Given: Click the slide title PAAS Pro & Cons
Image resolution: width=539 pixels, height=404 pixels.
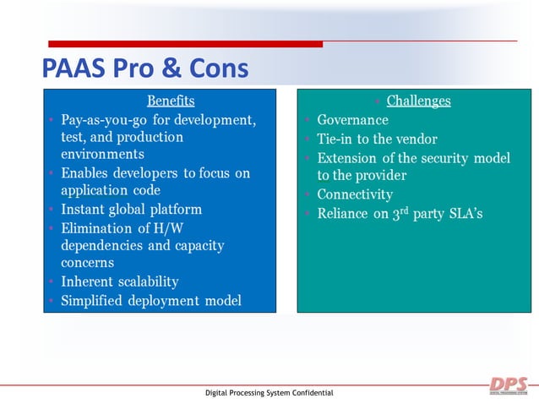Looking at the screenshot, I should [x=145, y=68].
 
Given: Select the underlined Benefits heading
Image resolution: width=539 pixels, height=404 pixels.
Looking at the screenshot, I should [x=171, y=101].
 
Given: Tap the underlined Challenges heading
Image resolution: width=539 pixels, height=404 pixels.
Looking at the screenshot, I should [x=418, y=101].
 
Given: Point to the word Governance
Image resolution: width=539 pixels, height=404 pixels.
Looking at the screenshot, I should [x=352, y=120].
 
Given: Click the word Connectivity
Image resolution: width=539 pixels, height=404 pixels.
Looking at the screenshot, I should [x=355, y=194].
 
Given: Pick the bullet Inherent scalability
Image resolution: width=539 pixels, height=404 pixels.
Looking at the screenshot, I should [x=119, y=281].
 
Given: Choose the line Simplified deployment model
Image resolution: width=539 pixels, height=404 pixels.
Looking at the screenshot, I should [x=150, y=301].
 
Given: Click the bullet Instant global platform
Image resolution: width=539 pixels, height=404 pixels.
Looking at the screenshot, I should [x=131, y=209].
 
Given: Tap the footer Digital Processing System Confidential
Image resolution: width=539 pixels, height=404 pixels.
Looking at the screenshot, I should [x=269, y=393].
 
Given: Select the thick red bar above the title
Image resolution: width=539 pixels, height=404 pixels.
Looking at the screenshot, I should [x=186, y=44].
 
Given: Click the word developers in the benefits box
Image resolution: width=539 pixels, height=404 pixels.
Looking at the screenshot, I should [x=147, y=173].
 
